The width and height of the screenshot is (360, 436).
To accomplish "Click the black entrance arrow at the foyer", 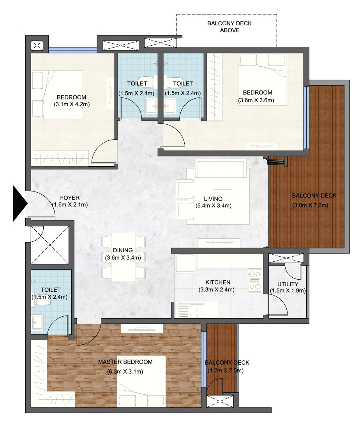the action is [x=19, y=204].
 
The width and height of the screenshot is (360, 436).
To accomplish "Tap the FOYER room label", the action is [x=70, y=198].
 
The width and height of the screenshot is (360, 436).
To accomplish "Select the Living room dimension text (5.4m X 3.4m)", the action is [x=213, y=206].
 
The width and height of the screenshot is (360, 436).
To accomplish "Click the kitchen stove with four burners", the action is [x=255, y=280].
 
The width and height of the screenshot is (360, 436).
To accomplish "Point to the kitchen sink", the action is [x=197, y=310].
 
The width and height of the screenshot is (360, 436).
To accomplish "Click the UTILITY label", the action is [x=288, y=284].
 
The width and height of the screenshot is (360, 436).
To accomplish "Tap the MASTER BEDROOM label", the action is [x=125, y=362].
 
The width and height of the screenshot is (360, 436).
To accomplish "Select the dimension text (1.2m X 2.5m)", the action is [x=226, y=370].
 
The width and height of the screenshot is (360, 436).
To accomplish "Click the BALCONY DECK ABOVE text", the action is [x=229, y=27].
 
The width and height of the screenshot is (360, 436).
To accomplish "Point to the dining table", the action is [x=124, y=257].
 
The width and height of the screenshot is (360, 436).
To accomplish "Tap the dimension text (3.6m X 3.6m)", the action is [x=256, y=100].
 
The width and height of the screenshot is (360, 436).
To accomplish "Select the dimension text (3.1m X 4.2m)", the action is [x=72, y=105].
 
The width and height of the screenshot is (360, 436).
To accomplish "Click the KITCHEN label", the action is [x=218, y=282].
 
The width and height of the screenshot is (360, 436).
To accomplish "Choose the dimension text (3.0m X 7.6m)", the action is [x=310, y=206].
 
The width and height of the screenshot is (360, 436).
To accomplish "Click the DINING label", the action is [x=123, y=250].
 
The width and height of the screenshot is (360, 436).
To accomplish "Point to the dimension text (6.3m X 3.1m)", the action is [x=125, y=372].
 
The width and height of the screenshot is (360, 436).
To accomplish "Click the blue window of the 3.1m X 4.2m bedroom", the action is [x=73, y=50].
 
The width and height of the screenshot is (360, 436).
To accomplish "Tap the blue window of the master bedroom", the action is [x=204, y=359].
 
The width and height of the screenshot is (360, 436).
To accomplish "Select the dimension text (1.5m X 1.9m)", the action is [x=288, y=291].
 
